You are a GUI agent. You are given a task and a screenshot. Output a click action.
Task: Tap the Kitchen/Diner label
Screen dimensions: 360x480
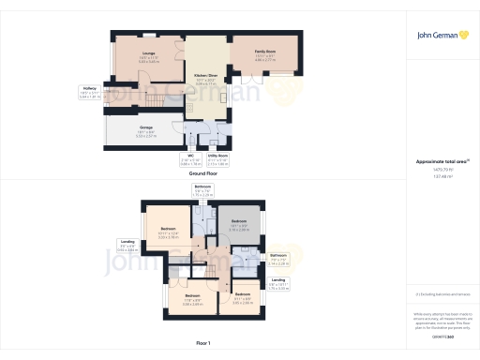(206, 77)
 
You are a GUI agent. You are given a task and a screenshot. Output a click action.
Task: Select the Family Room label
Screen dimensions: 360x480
(265, 53)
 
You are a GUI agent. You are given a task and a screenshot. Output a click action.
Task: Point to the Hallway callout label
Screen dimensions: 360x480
(90, 92)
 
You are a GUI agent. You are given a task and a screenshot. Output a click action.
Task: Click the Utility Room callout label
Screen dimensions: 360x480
(217, 157)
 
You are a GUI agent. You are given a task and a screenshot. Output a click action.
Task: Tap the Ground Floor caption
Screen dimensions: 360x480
(203, 173)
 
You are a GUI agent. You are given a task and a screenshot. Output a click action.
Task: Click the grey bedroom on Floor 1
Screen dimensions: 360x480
(239, 225)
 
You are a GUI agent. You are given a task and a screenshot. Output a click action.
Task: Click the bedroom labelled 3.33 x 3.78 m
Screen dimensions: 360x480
(168, 232)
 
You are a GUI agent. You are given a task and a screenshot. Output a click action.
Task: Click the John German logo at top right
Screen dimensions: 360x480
(442, 36)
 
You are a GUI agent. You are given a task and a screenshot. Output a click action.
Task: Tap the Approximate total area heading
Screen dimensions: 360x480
(441, 162)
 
